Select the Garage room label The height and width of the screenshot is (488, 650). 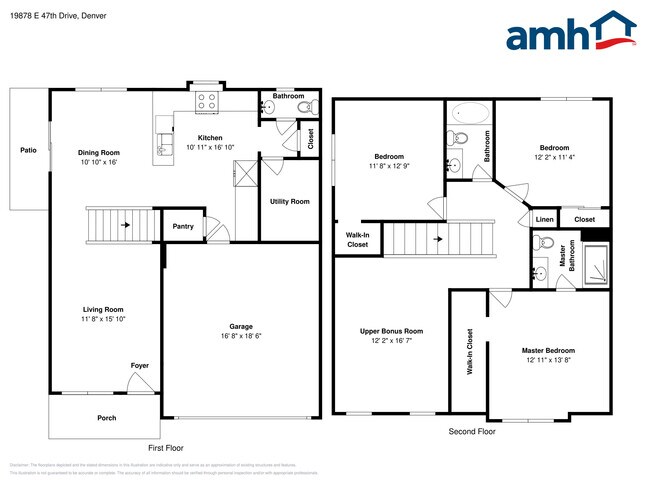(x=240, y=326)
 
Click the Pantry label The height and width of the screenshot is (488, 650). (x=183, y=226)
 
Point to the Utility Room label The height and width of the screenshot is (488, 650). (x=289, y=201)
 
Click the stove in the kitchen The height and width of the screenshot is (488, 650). (x=208, y=101)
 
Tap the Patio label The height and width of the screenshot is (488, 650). (x=29, y=150)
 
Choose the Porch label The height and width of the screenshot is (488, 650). (x=106, y=418)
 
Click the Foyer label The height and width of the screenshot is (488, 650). (x=140, y=365)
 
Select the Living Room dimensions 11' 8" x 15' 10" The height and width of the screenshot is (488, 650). (x=102, y=319)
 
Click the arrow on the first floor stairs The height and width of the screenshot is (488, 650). (x=125, y=225)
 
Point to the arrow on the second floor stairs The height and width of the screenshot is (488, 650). (x=438, y=239)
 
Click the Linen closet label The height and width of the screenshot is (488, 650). (x=544, y=219)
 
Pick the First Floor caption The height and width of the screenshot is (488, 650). (x=169, y=447)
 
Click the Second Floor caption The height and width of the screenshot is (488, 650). (x=471, y=431)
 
